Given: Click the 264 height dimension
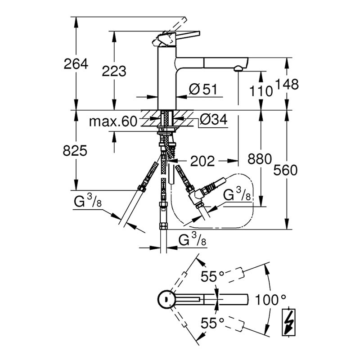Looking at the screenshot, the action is (x=76, y=64).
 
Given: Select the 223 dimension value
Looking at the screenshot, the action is (x=114, y=71).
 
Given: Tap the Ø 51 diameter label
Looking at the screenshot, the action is (x=203, y=89).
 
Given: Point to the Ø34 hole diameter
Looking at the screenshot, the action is (x=213, y=119).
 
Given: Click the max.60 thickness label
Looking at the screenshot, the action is (x=113, y=121).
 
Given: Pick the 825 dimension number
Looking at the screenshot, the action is (x=75, y=151).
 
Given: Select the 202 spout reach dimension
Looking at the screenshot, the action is (x=202, y=161).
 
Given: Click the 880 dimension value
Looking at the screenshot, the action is (x=260, y=159).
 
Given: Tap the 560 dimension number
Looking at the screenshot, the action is (x=285, y=170).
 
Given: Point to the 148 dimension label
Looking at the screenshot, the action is (x=287, y=84).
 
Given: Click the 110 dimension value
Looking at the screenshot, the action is (x=261, y=91).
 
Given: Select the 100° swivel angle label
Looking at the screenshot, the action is (x=270, y=300).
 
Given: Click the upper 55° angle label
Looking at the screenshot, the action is (x=212, y=276).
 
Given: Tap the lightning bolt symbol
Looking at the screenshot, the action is (x=288, y=322).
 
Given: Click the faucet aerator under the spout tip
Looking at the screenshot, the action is (x=238, y=68).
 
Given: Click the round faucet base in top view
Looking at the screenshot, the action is (x=165, y=299).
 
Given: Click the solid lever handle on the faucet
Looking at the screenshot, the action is (x=187, y=35).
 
